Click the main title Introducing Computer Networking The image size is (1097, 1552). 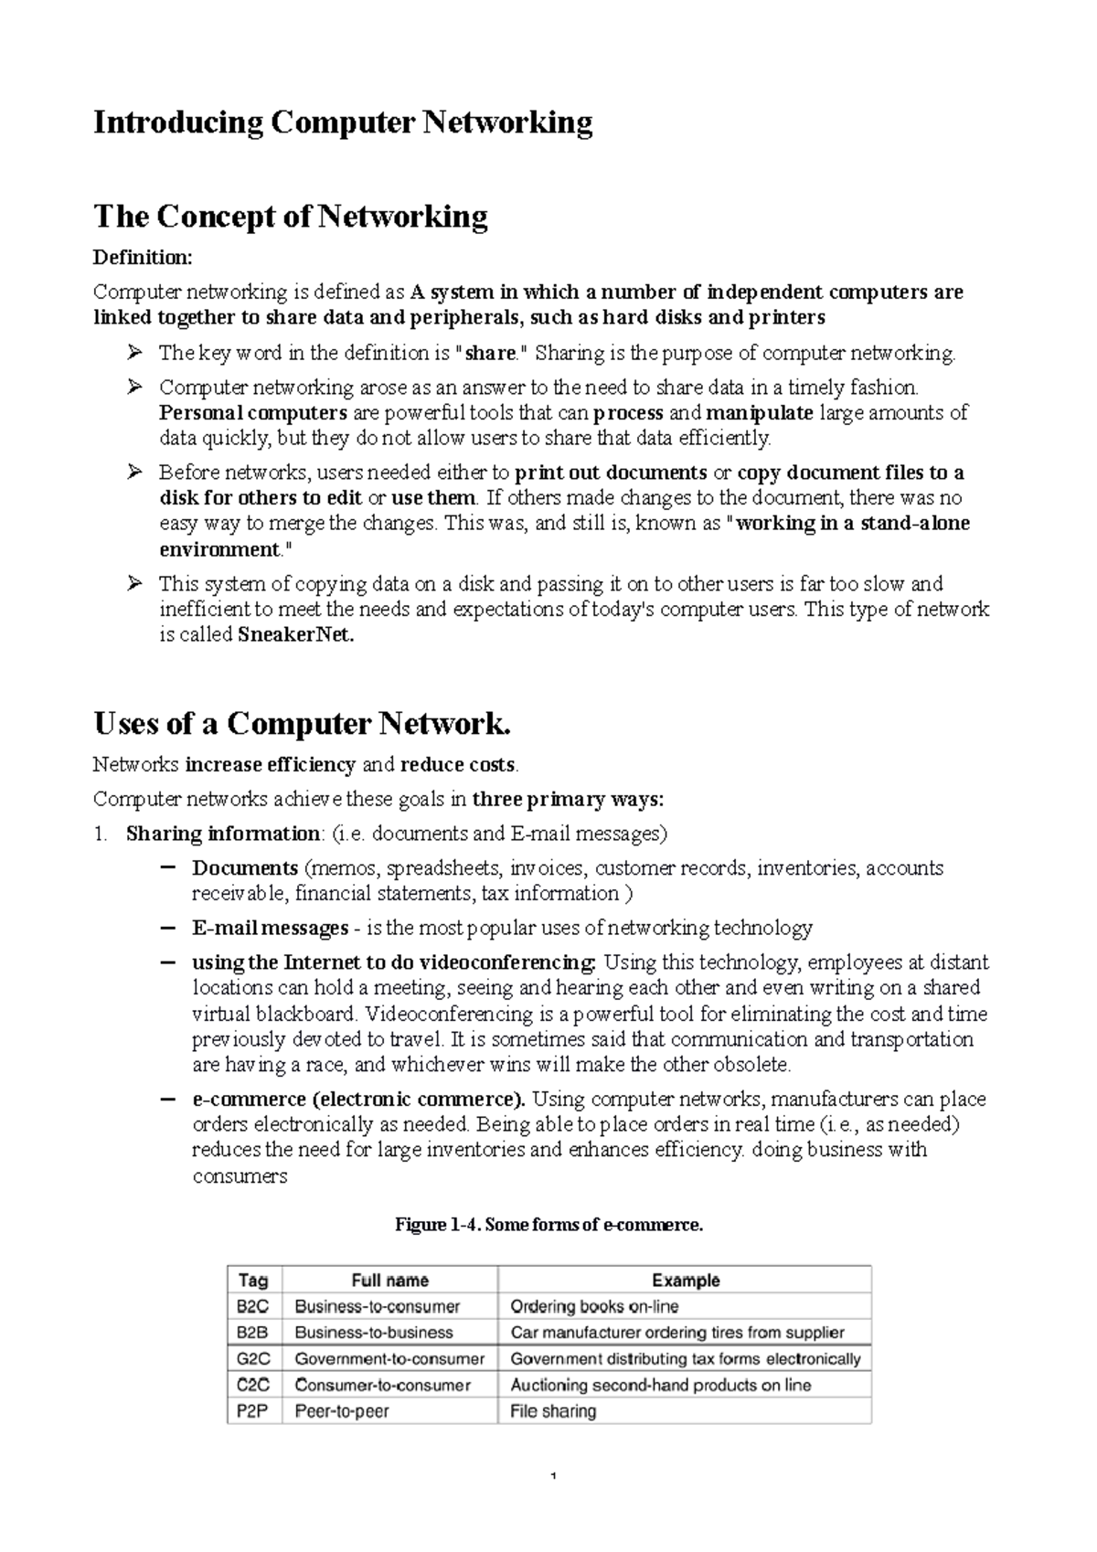click(343, 122)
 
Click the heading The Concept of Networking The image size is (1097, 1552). click(291, 217)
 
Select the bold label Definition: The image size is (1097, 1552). click(143, 258)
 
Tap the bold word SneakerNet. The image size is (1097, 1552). click(294, 635)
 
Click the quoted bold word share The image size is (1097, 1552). click(492, 354)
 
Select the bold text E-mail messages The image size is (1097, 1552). click(270, 929)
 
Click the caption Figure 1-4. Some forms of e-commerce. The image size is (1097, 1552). click(548, 1225)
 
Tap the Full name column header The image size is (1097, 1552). click(390, 1281)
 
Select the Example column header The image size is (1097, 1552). click(686, 1281)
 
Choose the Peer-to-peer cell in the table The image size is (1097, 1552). click(342, 1411)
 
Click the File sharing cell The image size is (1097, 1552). click(553, 1411)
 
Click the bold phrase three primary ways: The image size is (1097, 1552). click(568, 800)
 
